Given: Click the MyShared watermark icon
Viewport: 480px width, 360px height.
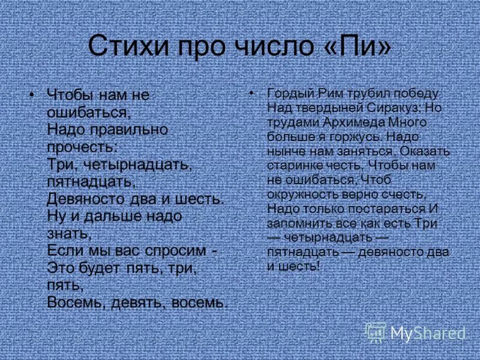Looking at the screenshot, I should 376,332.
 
